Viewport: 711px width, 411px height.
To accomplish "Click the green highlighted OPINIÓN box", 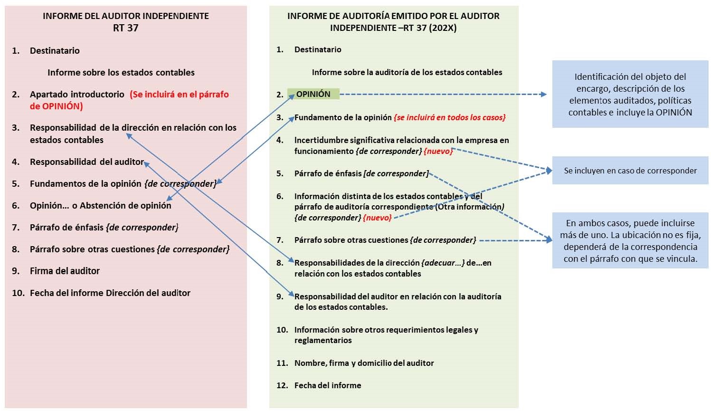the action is tap(313, 94).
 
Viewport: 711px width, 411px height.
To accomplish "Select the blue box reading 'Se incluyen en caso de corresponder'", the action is tap(630, 170).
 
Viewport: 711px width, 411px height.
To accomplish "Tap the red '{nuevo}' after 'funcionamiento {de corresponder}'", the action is tap(438, 151).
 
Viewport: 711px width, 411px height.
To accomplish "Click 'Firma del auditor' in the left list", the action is tap(65, 271).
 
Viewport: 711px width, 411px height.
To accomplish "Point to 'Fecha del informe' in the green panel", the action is tap(328, 385).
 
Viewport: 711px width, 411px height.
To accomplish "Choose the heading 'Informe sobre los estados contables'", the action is tap(121, 72).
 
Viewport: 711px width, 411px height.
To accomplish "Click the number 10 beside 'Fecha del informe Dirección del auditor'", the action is tap(18, 293).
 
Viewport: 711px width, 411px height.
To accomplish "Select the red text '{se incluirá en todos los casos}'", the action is tap(449, 117).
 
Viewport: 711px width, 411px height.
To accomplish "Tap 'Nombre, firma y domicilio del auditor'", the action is tap(364, 363).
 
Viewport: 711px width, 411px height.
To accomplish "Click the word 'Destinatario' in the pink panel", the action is tap(55, 50).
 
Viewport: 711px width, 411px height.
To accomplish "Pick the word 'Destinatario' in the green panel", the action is tap(318, 49).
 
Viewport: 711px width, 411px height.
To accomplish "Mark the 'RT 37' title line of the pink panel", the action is tap(126, 28).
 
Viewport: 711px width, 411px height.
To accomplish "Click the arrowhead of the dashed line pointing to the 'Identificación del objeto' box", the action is tap(543, 95).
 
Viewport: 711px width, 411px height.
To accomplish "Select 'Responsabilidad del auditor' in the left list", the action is tap(86, 162).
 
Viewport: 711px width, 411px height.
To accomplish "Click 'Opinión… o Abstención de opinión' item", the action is tap(100, 205).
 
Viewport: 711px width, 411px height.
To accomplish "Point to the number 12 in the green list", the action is tap(282, 385).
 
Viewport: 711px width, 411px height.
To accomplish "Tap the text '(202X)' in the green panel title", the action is tap(443, 28).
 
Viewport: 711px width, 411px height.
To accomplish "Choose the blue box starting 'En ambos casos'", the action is tap(630, 240).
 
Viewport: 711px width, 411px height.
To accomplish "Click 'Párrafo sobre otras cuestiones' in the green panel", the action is tap(351, 240).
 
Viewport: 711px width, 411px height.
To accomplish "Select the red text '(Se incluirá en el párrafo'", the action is tap(179, 95).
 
